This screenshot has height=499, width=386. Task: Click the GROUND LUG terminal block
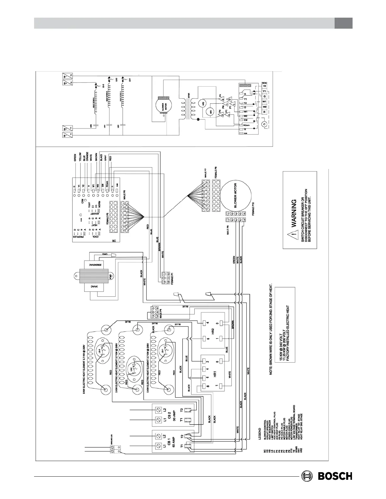[116, 448]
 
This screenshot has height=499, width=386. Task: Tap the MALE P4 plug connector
[154, 313]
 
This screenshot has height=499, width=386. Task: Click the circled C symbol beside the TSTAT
[264, 124]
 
